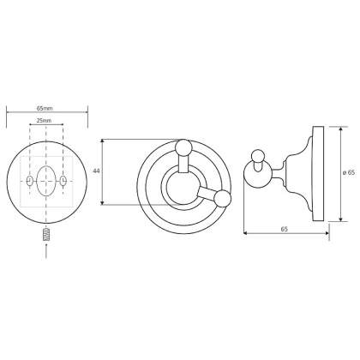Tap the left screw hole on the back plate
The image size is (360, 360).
(31, 183)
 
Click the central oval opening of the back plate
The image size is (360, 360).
(48, 182)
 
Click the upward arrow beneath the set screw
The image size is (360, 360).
(47, 250)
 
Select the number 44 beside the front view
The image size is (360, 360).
(96, 171)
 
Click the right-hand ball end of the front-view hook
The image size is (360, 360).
(223, 200)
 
